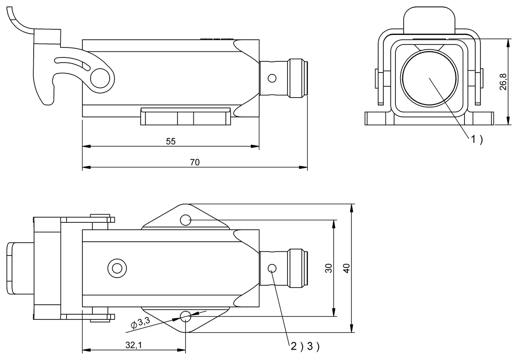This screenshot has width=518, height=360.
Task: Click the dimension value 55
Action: [x=171, y=142]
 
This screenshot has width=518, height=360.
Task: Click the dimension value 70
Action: [x=195, y=162]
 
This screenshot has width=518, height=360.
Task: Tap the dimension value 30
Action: [x=329, y=268]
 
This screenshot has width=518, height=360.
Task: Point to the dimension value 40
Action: [x=346, y=268]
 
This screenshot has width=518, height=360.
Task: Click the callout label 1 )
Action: [x=476, y=139]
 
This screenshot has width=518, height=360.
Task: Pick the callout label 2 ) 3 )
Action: [x=304, y=346]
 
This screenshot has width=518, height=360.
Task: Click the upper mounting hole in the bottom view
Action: [x=186, y=220]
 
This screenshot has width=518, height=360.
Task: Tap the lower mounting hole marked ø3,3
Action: [x=186, y=316]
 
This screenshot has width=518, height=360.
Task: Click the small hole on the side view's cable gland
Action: [x=272, y=78]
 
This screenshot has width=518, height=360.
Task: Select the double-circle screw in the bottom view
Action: [x=116, y=268]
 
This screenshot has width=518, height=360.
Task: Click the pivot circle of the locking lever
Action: [x=102, y=78]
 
